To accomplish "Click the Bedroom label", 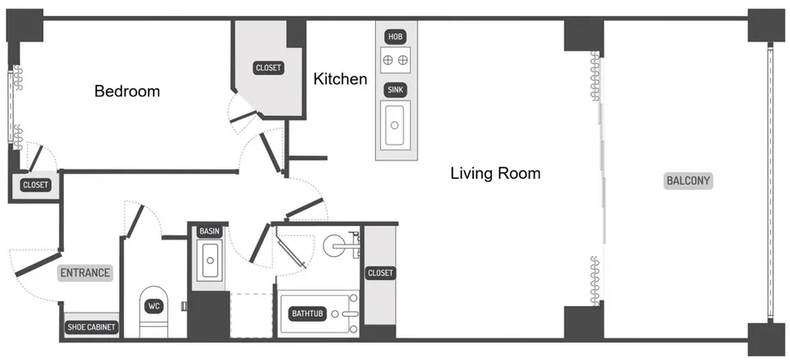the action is (127, 91).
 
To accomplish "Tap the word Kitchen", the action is (340, 79).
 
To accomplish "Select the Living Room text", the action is (496, 174).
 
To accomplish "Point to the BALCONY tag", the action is (689, 180).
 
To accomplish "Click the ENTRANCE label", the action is (85, 273).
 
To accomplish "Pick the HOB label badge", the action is (396, 37).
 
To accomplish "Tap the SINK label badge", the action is (396, 90).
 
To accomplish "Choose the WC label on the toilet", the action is (154, 306).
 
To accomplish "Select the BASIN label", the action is (210, 231).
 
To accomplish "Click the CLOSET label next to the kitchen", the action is (269, 68).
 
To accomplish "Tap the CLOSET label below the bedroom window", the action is (36, 185).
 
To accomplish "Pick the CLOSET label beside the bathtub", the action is (380, 273).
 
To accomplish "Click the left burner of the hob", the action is (388, 60).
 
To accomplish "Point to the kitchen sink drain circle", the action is (396, 125).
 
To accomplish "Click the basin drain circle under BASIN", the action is (210, 260).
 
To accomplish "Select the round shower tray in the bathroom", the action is (333, 246).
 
